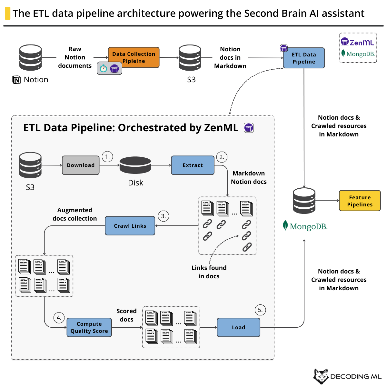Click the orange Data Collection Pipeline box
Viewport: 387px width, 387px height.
[x=134, y=57]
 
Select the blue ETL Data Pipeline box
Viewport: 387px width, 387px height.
[x=304, y=58]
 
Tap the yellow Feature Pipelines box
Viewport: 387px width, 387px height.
[x=360, y=201]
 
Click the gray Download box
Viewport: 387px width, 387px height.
[x=81, y=165]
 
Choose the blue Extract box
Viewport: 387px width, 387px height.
[x=193, y=165]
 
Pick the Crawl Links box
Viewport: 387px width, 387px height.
[x=130, y=226]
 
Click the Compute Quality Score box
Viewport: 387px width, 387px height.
[x=89, y=327]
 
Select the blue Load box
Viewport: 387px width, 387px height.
[x=238, y=327]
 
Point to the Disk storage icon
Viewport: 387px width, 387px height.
[x=135, y=165]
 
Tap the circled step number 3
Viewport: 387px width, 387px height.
[x=164, y=216]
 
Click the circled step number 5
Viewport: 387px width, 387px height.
[x=260, y=310]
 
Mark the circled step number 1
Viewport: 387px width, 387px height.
[x=107, y=157]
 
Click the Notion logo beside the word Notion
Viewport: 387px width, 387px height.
[x=16, y=80]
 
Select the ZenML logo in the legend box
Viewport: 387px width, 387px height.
[x=357, y=42]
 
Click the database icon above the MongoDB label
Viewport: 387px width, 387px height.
[x=304, y=201]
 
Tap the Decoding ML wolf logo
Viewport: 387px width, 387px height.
[x=321, y=376]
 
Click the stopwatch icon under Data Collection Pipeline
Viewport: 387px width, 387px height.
[x=103, y=68]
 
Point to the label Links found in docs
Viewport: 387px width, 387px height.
[x=209, y=272]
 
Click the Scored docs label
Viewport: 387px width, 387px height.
[x=126, y=315]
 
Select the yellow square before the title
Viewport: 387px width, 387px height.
[x=7, y=14]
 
